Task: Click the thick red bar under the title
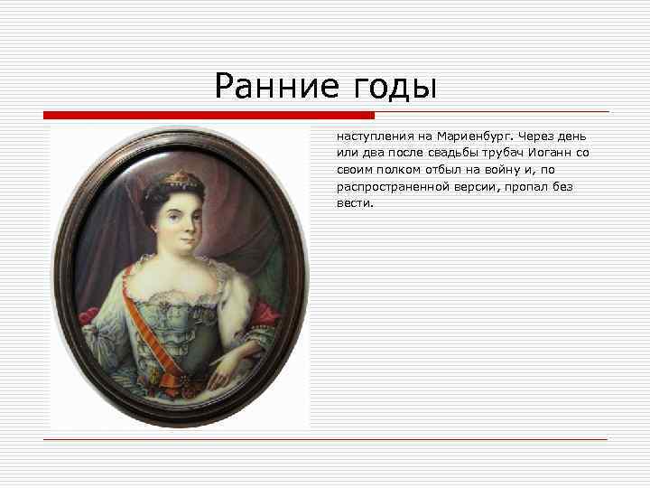[x=209, y=116]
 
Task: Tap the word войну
[x=508, y=170]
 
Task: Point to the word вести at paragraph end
[x=354, y=203]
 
